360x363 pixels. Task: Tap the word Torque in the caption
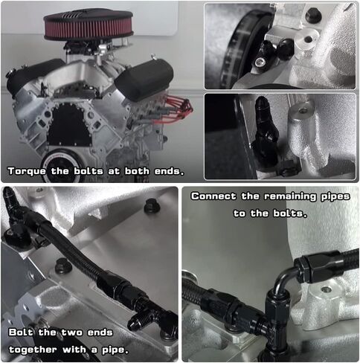point(27,172)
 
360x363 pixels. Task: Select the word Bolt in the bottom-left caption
point(21,333)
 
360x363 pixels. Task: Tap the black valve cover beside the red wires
point(144,80)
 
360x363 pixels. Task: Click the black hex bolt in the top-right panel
point(313,15)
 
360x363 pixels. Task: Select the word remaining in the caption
point(289,196)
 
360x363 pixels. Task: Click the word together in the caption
point(33,350)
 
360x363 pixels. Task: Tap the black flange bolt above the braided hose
point(152,206)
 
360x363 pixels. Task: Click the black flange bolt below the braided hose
point(63,266)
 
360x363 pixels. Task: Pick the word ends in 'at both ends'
point(170,172)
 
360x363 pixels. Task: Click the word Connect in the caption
point(213,196)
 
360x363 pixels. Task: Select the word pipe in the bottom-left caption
point(115,350)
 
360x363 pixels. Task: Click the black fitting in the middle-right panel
point(266,132)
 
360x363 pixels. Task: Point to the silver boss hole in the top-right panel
point(308,39)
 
